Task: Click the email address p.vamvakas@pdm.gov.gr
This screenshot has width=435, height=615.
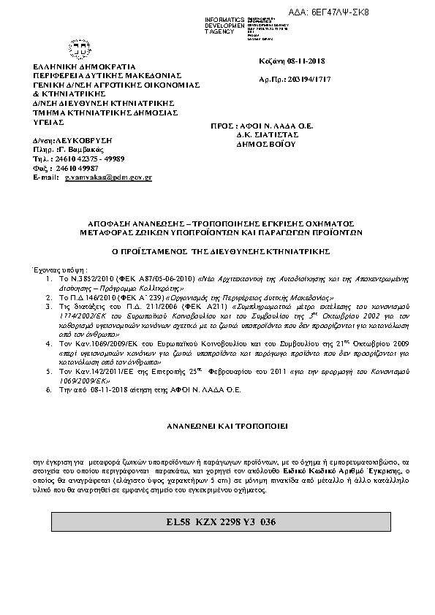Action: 108,177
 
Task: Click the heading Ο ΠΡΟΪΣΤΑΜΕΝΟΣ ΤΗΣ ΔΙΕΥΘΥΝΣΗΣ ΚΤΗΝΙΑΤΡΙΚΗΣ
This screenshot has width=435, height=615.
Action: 216,250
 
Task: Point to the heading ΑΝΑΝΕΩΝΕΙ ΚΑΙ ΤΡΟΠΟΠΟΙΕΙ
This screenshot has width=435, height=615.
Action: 216,424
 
